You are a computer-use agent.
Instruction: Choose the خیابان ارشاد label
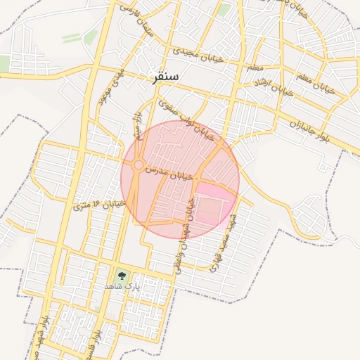click(x=271, y=84)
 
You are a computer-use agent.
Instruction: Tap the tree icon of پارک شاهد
click(x=122, y=276)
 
